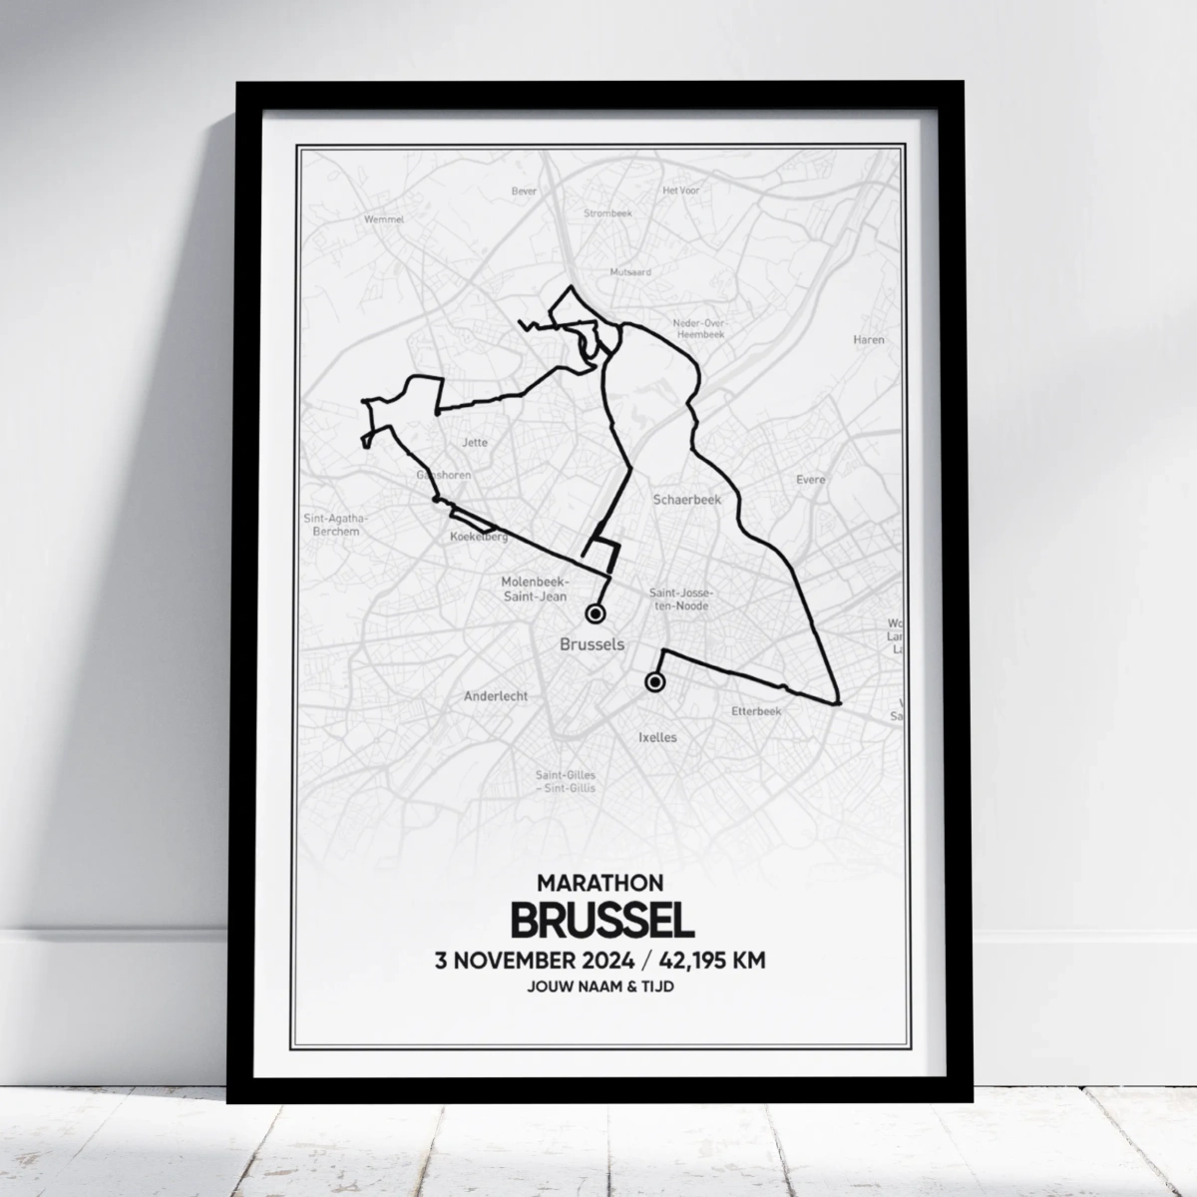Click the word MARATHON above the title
[600, 883]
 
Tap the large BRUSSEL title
[601, 920]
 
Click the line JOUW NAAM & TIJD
[600, 989]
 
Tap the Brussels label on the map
[593, 644]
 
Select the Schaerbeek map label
[680, 498]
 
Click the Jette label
[475, 443]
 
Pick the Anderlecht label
[496, 696]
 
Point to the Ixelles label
[656, 737]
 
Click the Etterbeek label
[756, 711]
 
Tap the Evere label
[811, 480]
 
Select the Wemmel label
[383, 218]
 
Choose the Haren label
[868, 340]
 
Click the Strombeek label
[602, 213]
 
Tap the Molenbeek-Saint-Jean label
[536, 589]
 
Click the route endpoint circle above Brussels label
[597, 612]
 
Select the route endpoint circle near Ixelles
[654, 682]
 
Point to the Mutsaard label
[630, 271]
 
